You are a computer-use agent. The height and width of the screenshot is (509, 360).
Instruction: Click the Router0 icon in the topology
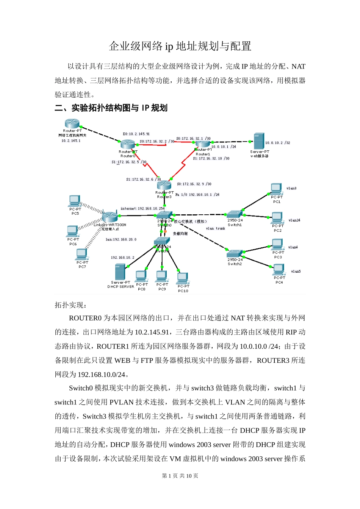[x=128, y=144]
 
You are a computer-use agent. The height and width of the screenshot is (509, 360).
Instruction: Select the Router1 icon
[x=202, y=144]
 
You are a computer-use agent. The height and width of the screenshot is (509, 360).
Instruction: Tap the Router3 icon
[x=164, y=185]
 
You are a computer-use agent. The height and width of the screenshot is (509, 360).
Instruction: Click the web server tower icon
[x=259, y=141]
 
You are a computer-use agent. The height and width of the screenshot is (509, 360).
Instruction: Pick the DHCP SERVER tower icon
[x=120, y=272]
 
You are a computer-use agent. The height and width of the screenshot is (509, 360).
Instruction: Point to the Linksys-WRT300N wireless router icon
[x=110, y=217]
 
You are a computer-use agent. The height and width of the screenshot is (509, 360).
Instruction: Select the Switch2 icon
[x=235, y=253]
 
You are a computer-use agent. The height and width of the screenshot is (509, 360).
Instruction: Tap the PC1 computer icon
[x=276, y=189]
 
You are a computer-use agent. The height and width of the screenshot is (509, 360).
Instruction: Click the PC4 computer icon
[x=279, y=269]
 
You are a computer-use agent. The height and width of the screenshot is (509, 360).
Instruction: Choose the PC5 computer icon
[x=75, y=201]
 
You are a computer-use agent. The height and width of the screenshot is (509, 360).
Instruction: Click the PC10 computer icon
[x=183, y=278]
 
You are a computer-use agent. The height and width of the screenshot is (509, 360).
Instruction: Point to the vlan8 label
[x=291, y=188]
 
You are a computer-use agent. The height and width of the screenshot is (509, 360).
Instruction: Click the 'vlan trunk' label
[x=216, y=228]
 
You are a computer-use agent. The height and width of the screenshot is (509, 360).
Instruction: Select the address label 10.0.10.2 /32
[x=278, y=143]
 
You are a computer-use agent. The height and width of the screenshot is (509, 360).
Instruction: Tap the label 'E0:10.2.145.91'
[x=136, y=134]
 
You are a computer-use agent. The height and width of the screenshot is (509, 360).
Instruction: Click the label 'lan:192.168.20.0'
[x=121, y=239]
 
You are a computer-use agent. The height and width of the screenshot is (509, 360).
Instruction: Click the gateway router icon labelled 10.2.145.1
[x=72, y=123]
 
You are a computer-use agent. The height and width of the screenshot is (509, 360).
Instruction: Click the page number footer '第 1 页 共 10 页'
[x=180, y=476]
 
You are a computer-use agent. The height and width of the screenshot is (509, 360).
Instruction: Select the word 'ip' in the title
[x=169, y=47]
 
